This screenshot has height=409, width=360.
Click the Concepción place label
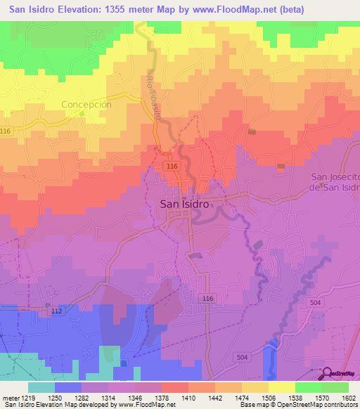click(x=86, y=104)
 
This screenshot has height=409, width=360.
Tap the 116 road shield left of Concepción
click(x=6, y=131)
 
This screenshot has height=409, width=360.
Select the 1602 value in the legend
click(x=348, y=398)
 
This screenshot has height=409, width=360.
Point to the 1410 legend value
click(x=188, y=398)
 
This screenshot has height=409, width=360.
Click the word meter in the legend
click(x=9, y=398)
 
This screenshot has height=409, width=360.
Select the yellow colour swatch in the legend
click(x=281, y=387)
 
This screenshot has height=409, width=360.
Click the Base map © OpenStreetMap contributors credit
click(x=298, y=405)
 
